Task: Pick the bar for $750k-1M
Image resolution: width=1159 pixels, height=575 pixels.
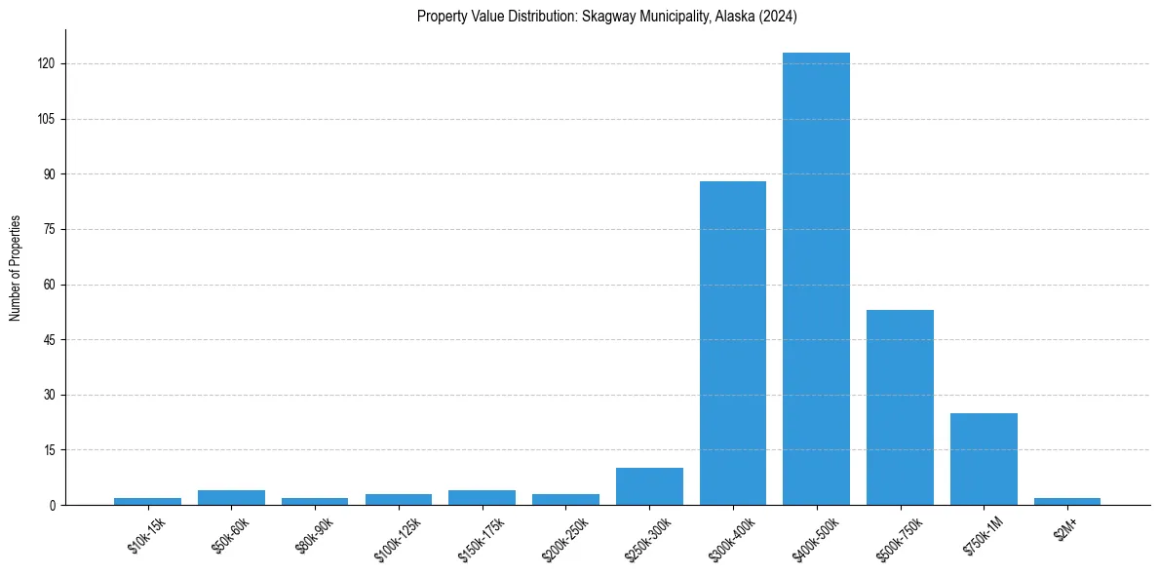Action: point(984,459)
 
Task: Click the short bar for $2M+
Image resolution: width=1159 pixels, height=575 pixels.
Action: point(1066,501)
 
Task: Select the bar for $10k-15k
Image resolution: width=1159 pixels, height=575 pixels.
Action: point(147,501)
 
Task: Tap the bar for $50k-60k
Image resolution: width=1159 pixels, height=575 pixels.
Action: point(231,497)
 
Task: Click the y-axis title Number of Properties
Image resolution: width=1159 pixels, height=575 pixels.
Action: point(15,268)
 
